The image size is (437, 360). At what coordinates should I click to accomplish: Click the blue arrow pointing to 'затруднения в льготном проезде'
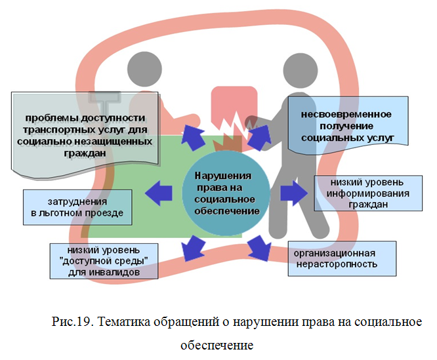[x=158, y=192]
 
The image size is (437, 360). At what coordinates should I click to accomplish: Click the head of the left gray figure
[x=144, y=66]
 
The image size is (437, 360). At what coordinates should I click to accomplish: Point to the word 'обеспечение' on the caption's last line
[x=217, y=344]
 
